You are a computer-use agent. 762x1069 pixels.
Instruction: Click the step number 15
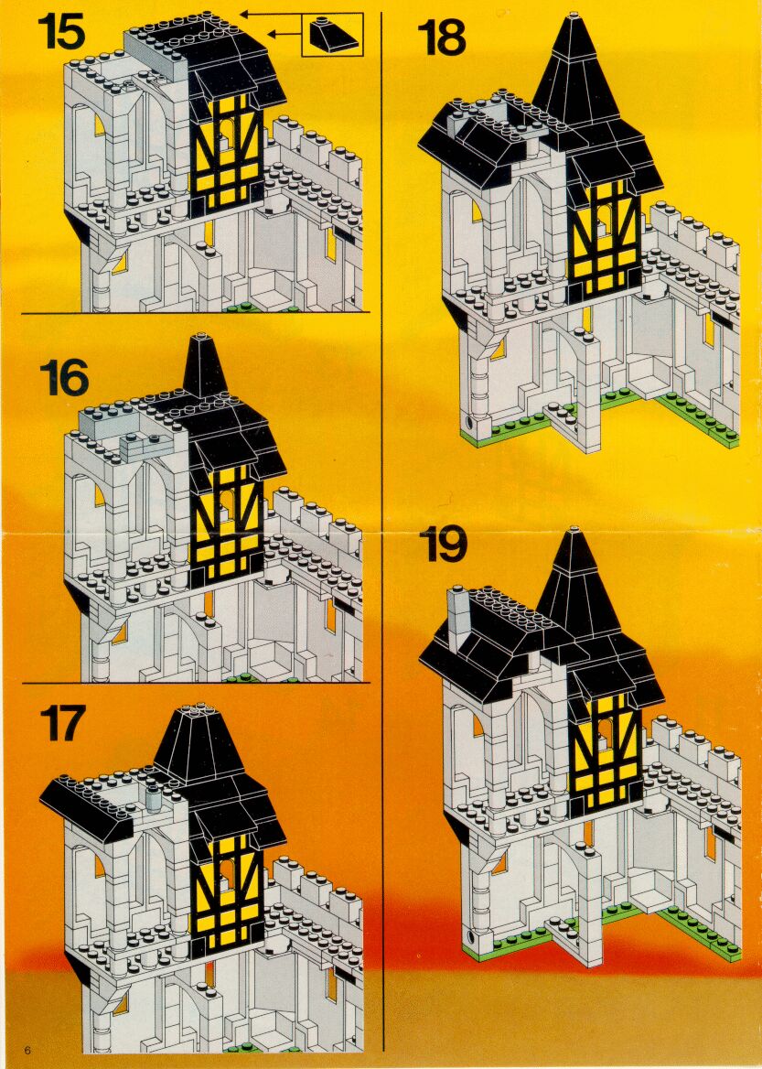click(62, 31)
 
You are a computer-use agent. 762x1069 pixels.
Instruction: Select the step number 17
click(63, 723)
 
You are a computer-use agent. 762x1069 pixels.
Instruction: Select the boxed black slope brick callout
click(333, 34)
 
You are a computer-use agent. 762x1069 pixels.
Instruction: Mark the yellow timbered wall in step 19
click(605, 750)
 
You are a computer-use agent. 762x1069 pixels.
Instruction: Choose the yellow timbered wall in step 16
click(226, 525)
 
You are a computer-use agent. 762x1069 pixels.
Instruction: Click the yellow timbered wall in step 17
click(227, 894)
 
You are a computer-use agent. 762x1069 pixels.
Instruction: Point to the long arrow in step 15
click(271, 13)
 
